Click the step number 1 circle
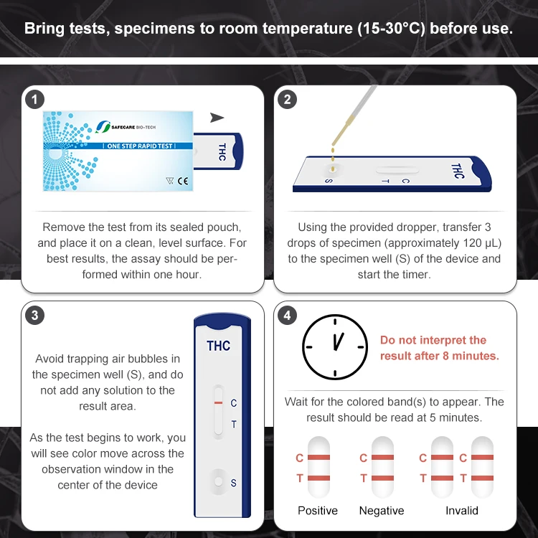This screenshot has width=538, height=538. coord(34,100)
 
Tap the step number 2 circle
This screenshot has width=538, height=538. coord(287,100)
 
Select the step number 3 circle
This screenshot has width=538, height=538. coord(34,315)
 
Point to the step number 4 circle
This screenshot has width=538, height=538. coord(287,315)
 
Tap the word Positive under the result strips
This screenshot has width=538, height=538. coord(318,511)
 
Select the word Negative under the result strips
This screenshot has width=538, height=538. coord(382,511)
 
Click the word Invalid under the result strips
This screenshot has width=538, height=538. coord(462,511)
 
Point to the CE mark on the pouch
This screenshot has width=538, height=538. coord(183,181)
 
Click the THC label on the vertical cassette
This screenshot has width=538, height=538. coord(219,346)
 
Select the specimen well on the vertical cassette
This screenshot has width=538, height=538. coord(218,478)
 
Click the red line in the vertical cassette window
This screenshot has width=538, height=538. coord(218,404)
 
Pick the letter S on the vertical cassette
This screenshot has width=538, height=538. coord(233,483)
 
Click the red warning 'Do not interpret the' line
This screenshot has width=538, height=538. coord(433,340)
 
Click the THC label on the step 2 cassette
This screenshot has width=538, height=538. coord(457,171)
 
